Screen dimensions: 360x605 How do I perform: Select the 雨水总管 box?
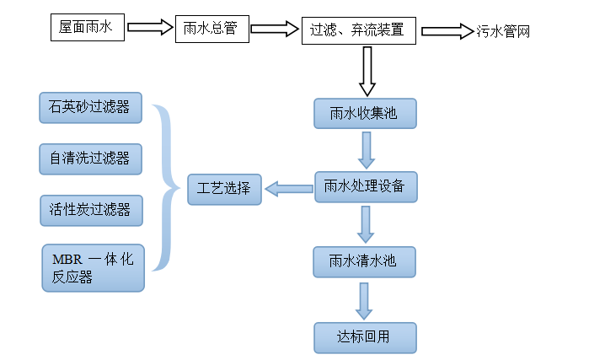212,29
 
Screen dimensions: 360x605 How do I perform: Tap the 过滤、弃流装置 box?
359,30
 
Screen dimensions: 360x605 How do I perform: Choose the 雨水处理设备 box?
366,187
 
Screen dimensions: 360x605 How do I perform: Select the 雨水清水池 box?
365,261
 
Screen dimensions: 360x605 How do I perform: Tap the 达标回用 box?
365,336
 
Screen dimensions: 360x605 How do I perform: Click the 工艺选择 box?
224,189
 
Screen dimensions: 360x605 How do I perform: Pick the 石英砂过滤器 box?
90,108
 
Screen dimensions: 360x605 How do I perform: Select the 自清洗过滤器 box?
90,159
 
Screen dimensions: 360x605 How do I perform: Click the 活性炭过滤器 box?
90,210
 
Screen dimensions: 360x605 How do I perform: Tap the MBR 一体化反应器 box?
93,267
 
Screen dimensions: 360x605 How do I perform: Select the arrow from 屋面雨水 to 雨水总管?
150,29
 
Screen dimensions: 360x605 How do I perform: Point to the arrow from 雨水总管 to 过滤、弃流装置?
275,30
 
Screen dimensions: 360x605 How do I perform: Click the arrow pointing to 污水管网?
447,31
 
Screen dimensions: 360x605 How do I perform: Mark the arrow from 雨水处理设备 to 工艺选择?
289,189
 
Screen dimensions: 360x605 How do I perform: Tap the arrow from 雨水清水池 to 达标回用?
365,300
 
